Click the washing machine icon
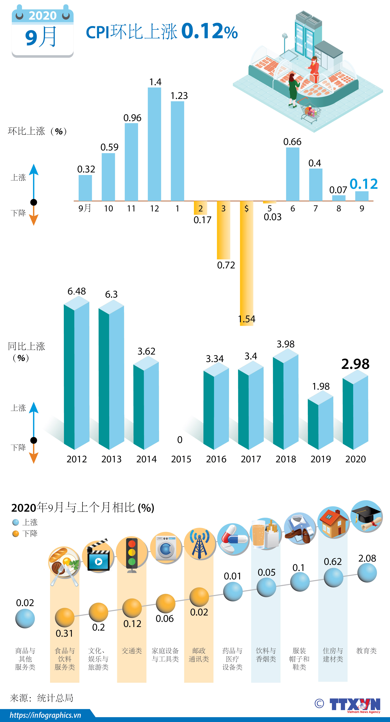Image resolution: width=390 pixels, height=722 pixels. click(x=166, y=548)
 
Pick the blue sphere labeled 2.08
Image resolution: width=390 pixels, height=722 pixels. click(x=367, y=573)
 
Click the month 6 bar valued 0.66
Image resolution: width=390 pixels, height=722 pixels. click(x=292, y=174)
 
